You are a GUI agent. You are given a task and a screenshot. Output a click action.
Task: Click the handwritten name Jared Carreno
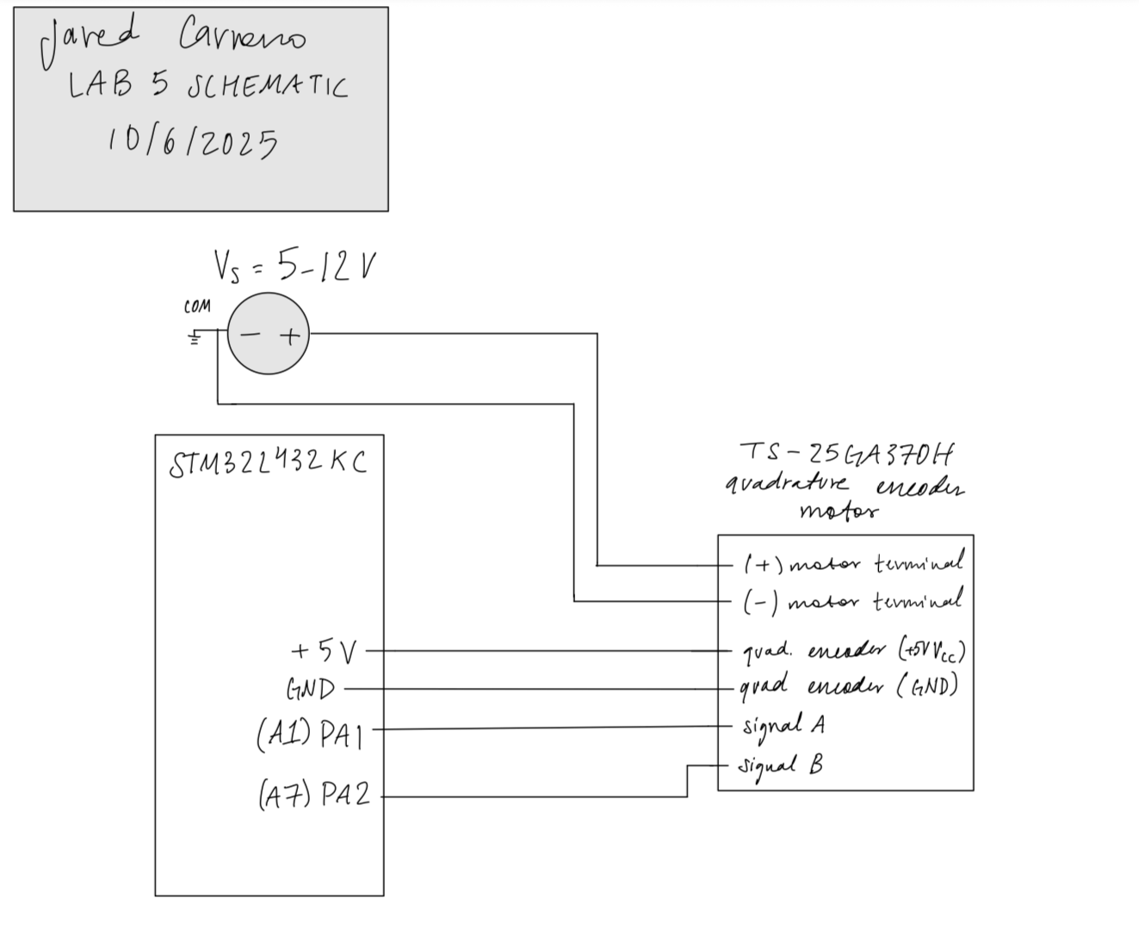pos(172,39)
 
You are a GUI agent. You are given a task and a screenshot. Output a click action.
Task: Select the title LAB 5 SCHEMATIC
pos(207,86)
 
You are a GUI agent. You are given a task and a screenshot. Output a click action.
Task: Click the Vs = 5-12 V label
pos(294,267)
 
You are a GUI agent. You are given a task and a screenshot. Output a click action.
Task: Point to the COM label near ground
pos(196,307)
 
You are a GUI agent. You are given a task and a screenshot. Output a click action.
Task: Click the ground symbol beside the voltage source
pos(195,337)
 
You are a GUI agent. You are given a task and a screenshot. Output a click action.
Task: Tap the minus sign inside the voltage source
pos(249,336)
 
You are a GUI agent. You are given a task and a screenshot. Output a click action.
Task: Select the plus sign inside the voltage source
pos(290,336)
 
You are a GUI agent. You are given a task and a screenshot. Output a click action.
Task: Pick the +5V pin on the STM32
pos(324,652)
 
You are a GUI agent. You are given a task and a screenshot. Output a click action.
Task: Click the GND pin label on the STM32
pos(310,690)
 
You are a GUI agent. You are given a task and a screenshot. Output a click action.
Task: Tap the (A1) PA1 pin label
pos(310,734)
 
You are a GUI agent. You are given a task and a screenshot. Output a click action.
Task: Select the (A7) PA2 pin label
pos(314,794)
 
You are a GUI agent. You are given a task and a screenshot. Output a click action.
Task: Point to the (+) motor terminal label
pos(852,564)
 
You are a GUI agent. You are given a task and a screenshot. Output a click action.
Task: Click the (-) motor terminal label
pos(852,601)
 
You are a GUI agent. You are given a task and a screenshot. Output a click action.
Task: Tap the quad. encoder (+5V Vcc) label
pos(852,650)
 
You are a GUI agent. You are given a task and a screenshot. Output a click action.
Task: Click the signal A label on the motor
pos(783,726)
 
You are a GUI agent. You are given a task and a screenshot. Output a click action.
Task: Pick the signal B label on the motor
pos(780,765)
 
